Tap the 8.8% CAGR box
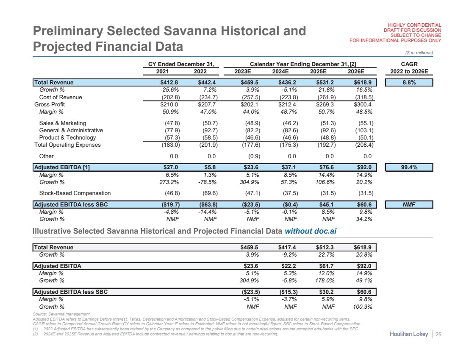(x=409, y=83)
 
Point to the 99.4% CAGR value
(x=409, y=167)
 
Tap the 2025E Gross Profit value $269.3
(x=324, y=104)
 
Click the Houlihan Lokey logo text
(x=409, y=335)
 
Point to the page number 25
(x=438, y=335)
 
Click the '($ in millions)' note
(x=419, y=53)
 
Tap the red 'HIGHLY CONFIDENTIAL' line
(x=412, y=25)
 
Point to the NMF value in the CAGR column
(x=409, y=204)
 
